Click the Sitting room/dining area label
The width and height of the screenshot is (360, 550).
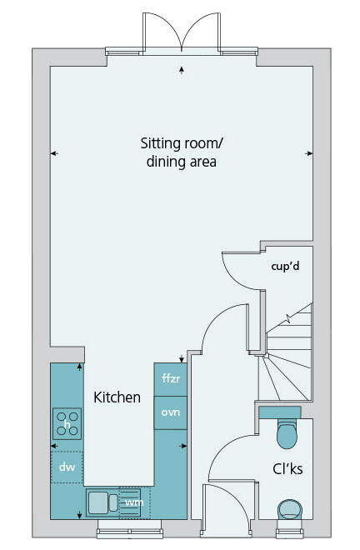182,152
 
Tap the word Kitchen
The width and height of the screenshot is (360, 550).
117,397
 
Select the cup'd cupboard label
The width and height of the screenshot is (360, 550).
285,267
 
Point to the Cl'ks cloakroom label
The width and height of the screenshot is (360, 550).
287,468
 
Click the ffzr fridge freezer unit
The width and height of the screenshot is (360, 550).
171,379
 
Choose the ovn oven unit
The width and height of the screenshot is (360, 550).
171,412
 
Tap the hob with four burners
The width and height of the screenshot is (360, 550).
67,423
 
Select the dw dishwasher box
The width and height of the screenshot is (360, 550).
67,467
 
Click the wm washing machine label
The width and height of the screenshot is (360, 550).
134,502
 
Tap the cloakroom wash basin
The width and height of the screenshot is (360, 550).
290,509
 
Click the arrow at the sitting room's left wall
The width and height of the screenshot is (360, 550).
54,153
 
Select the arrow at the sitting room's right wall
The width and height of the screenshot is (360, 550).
308,153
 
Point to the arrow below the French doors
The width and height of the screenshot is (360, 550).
182,70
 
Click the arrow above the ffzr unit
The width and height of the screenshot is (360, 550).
182,358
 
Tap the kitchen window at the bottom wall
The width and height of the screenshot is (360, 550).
130,528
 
